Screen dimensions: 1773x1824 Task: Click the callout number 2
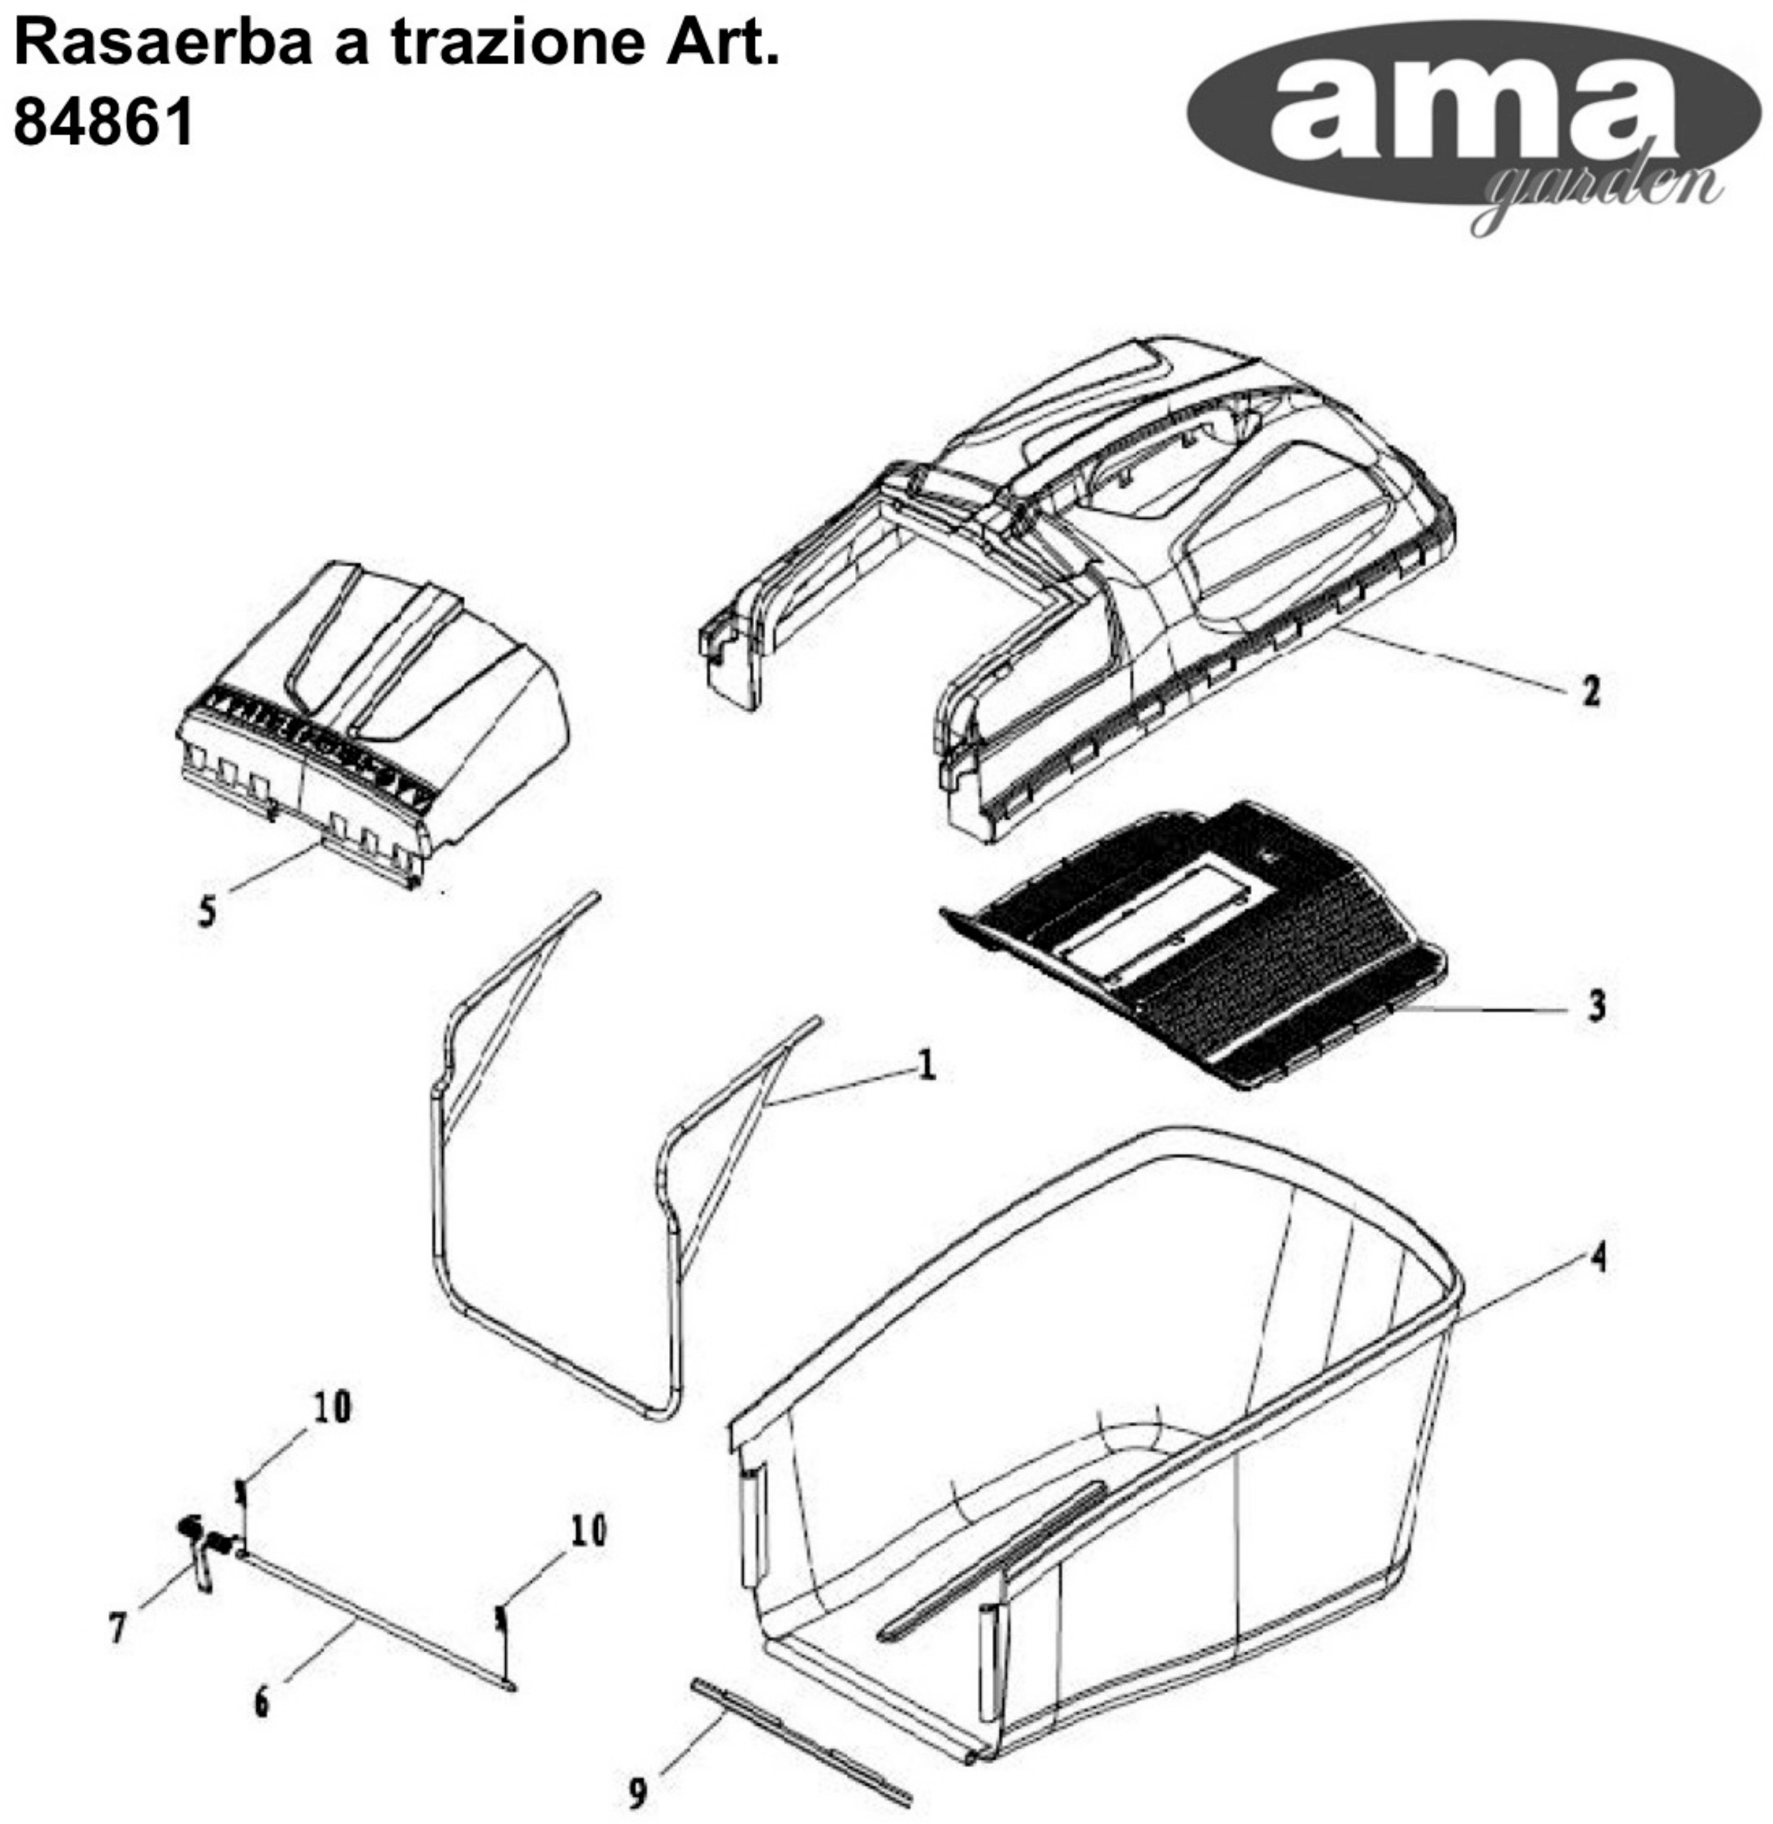coord(1590,691)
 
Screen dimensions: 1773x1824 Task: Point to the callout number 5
coord(206,910)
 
